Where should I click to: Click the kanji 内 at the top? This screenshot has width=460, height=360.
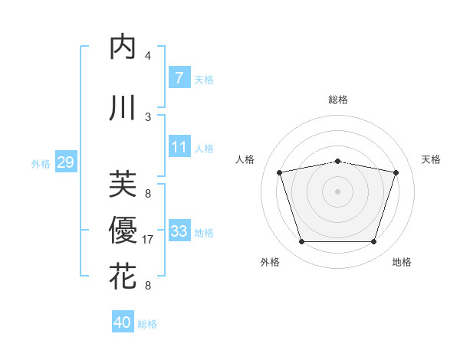click(123, 47)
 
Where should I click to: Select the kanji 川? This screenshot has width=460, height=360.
click(123, 108)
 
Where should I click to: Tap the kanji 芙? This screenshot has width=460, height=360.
click(123, 185)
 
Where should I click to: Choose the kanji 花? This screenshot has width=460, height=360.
click(123, 277)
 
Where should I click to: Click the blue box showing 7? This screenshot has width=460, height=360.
click(179, 78)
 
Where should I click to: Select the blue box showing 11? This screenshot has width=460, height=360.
click(179, 147)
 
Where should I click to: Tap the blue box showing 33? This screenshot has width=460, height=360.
click(179, 231)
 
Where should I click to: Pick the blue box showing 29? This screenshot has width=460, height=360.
click(65, 162)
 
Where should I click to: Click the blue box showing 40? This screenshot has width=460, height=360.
click(123, 322)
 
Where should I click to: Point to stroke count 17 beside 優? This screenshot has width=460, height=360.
click(148, 240)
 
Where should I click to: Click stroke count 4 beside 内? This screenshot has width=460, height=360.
click(148, 56)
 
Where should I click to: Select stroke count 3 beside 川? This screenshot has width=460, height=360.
click(148, 116)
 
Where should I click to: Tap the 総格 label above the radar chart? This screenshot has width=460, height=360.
click(338, 100)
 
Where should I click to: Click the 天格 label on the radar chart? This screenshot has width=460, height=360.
click(432, 159)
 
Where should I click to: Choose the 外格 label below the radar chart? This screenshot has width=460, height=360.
click(270, 262)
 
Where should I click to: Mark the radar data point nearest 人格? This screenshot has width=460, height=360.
click(280, 172)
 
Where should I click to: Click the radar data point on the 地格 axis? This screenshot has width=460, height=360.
click(373, 242)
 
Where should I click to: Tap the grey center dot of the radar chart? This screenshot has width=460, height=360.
click(338, 191)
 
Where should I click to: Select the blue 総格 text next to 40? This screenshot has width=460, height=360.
click(147, 324)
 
